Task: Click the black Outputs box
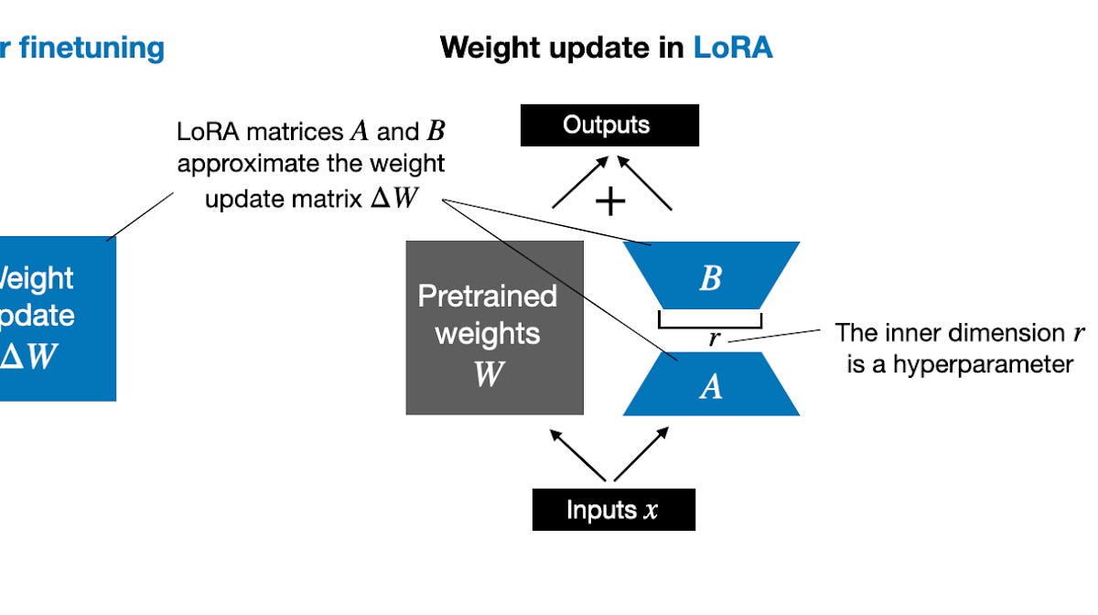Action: point(609,125)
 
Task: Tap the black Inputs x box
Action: point(613,510)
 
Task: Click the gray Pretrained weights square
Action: point(494,328)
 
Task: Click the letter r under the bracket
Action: point(715,340)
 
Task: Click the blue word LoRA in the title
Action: point(732,48)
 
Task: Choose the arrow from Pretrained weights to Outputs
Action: point(578,183)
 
